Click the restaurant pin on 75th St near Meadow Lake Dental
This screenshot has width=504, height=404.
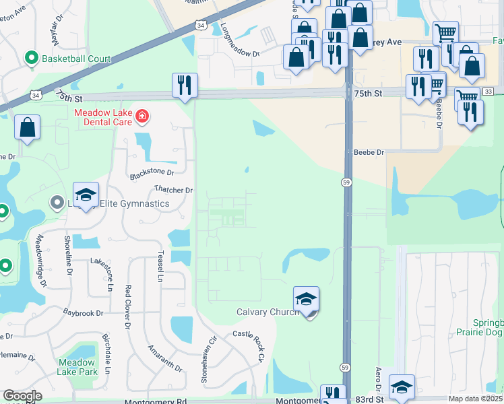(x=185, y=86)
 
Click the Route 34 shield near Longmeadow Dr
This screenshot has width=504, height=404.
(x=201, y=25)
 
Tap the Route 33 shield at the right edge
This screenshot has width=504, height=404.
(x=488, y=91)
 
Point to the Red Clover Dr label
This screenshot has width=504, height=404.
(x=127, y=306)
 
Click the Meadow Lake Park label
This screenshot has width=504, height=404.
(x=77, y=367)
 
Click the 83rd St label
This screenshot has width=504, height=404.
(x=369, y=400)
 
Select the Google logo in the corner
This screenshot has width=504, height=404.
(x=22, y=396)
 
